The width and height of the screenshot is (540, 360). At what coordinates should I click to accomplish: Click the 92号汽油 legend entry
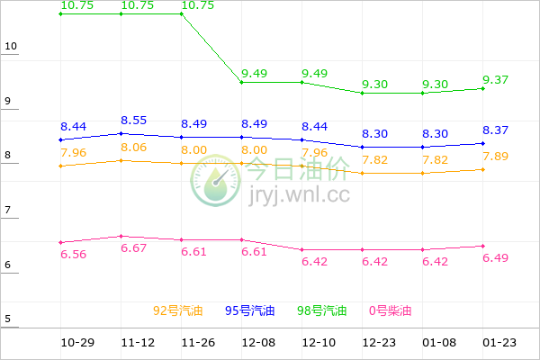tap(178, 311)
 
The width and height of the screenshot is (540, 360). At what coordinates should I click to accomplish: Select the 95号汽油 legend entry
tap(249, 311)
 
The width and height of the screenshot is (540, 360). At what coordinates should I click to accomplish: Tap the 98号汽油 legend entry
tap(321, 311)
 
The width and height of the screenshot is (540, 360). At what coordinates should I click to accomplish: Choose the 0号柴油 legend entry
tap(390, 311)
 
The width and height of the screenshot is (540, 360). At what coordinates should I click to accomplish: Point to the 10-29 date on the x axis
tap(78, 343)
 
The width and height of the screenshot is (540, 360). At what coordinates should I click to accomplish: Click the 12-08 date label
tap(259, 343)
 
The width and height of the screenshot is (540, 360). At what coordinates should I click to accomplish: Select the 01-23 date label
tap(499, 343)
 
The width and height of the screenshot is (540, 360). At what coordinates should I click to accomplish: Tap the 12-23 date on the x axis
tap(380, 343)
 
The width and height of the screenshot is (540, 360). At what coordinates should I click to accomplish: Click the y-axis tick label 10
tap(11, 46)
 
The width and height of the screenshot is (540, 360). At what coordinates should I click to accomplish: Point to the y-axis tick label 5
tap(8, 319)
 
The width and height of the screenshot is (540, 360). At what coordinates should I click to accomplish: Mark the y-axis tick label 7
tap(8, 210)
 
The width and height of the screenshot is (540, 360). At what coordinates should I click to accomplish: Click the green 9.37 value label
tap(495, 79)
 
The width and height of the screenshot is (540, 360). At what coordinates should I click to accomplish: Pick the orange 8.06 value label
tap(133, 147)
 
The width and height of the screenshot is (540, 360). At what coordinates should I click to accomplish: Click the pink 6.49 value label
tap(495, 257)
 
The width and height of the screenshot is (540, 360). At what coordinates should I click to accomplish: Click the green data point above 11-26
tap(181, 13)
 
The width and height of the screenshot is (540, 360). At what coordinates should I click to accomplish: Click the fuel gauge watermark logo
tap(215, 181)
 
